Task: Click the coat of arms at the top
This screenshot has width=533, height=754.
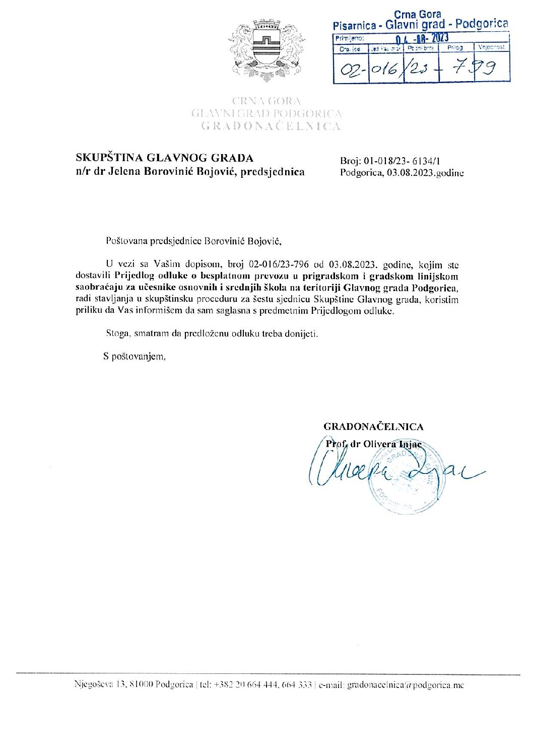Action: pyautogui.click(x=266, y=49)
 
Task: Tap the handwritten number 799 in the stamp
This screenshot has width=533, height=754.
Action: pyautogui.click(x=475, y=68)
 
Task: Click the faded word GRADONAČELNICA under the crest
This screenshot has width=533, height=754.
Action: pyautogui.click(x=271, y=126)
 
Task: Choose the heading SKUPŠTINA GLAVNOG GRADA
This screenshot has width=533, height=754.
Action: pyautogui.click(x=164, y=158)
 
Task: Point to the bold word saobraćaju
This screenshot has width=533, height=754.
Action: pyautogui.click(x=99, y=288)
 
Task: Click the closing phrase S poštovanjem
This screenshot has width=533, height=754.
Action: pyautogui.click(x=135, y=357)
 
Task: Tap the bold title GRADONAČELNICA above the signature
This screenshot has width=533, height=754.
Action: pyautogui.click(x=373, y=427)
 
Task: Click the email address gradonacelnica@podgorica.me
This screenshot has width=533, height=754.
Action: pyautogui.click(x=405, y=685)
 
